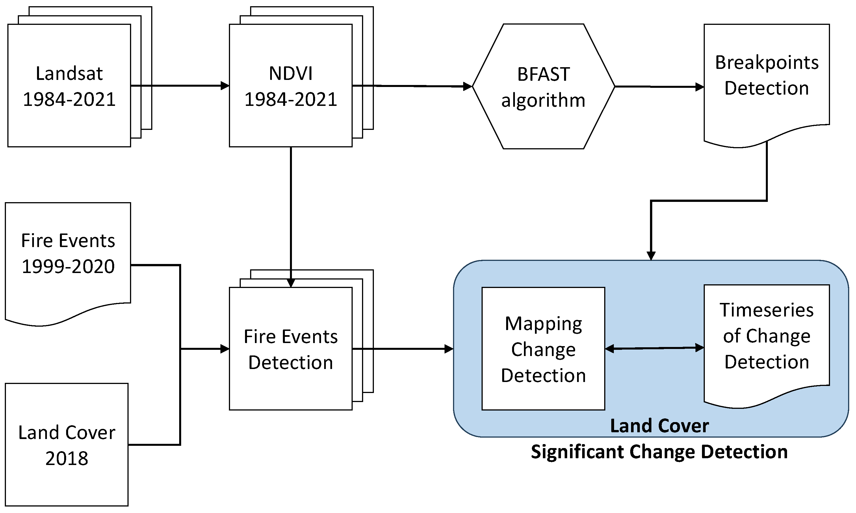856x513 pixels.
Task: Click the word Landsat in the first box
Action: click(69, 73)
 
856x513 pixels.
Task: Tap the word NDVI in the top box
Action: click(291, 73)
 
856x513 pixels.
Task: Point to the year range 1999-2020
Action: click(68, 266)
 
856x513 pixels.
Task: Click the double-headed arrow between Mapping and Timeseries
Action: click(654, 348)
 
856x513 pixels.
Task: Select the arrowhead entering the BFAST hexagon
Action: click(468, 86)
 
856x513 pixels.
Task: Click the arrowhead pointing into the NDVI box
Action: click(225, 85)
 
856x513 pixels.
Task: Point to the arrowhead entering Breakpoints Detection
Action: click(700, 87)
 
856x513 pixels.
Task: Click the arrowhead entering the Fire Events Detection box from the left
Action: click(225, 349)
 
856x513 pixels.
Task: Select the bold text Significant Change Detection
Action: click(659, 452)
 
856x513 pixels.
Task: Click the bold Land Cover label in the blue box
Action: click(659, 425)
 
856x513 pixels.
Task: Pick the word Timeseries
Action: click(766, 310)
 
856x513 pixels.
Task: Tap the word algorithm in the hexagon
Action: click(543, 101)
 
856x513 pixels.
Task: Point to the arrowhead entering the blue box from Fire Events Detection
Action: click(449, 349)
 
